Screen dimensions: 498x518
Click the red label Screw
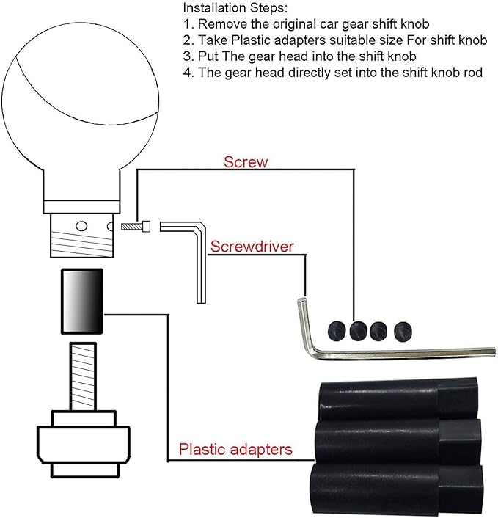246,162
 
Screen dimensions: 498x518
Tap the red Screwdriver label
252,247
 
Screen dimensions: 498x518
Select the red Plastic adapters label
235,450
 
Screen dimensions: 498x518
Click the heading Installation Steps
235,8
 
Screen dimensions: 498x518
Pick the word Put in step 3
208,56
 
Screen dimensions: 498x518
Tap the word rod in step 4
473,73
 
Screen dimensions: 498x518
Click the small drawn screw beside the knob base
136,226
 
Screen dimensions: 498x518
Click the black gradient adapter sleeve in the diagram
82,301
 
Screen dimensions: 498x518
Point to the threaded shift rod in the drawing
83,376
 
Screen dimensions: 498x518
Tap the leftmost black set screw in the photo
337,331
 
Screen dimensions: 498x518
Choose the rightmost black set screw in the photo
403,332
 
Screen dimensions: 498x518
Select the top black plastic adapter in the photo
398,399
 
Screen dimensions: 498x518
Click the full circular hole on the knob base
81,226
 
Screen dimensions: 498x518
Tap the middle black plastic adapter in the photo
398,442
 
